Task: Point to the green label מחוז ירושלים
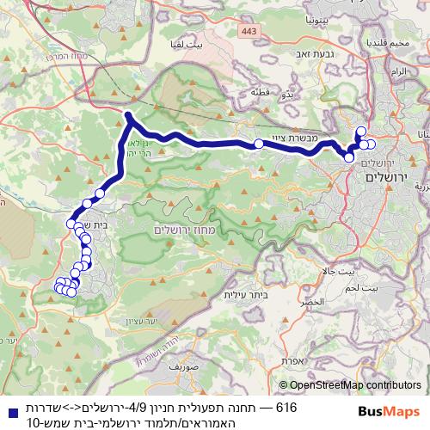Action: tap(181, 230)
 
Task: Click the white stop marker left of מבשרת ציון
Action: tap(258, 144)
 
